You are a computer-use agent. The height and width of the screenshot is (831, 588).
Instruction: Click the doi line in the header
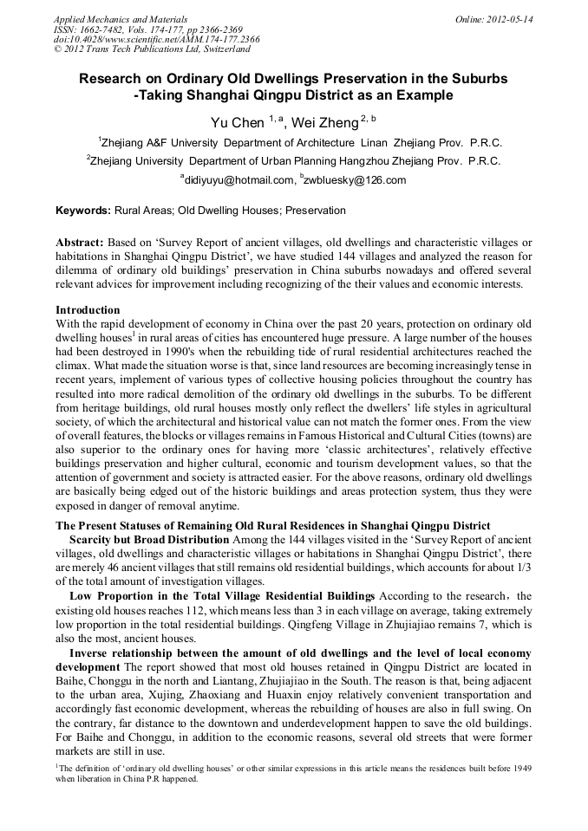coord(157,40)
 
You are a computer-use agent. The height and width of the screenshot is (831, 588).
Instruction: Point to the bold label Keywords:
coord(83,211)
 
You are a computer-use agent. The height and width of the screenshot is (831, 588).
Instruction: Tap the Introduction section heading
coord(88,309)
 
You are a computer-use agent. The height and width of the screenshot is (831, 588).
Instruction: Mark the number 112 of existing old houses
coord(173,610)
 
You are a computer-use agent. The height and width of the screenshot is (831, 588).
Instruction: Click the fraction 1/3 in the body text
coord(523,567)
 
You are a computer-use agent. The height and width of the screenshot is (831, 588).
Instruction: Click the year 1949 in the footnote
coord(521,768)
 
